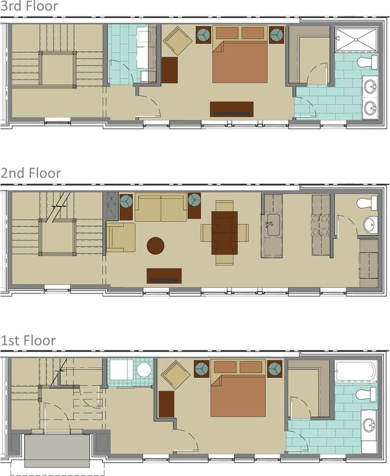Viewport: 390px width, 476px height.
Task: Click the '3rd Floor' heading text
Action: (x=29, y=6)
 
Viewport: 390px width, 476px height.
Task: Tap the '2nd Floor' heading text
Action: (x=31, y=173)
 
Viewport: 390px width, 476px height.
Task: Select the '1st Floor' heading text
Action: (x=28, y=341)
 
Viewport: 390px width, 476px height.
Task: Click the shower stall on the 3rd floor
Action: (x=356, y=39)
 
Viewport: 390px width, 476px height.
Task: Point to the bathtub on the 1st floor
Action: (x=355, y=371)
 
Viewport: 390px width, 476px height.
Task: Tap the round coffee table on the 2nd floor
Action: (x=155, y=246)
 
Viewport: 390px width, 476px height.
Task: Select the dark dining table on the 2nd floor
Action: (x=224, y=232)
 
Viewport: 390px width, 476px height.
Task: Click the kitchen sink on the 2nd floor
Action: (x=272, y=226)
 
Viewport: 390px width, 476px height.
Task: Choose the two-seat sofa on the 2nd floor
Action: (x=160, y=207)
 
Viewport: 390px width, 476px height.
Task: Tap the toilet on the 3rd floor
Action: (x=367, y=62)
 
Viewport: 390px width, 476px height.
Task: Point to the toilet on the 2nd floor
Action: (x=367, y=203)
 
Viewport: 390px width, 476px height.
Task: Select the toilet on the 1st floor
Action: (x=366, y=394)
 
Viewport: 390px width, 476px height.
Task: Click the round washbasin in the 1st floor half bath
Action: (x=144, y=370)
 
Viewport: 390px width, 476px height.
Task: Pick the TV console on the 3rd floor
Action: (x=232, y=109)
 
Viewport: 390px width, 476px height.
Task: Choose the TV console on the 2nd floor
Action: (x=164, y=276)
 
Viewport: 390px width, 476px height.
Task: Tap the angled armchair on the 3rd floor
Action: (x=177, y=41)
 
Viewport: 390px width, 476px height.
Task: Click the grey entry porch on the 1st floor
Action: (x=57, y=450)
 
